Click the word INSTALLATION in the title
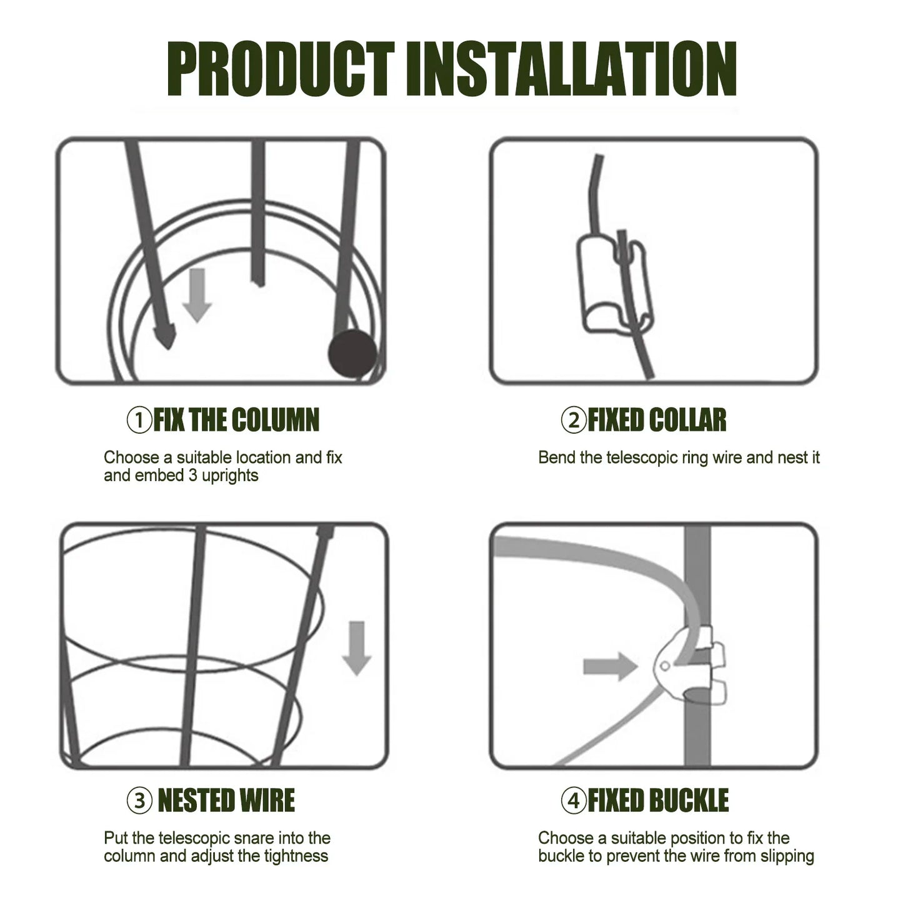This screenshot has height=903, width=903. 571,69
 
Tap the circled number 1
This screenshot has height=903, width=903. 139,420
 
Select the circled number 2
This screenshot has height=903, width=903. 574,420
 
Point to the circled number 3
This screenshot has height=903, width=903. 139,801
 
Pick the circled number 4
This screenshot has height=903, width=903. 574,801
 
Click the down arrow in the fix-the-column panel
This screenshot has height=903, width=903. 197,296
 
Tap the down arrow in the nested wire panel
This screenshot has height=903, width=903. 357,649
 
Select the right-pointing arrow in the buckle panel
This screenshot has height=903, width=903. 610,666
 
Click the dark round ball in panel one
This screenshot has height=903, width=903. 352,354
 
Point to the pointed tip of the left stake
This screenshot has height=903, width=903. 167,349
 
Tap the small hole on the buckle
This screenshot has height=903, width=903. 664,666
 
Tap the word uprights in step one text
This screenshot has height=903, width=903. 230,476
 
